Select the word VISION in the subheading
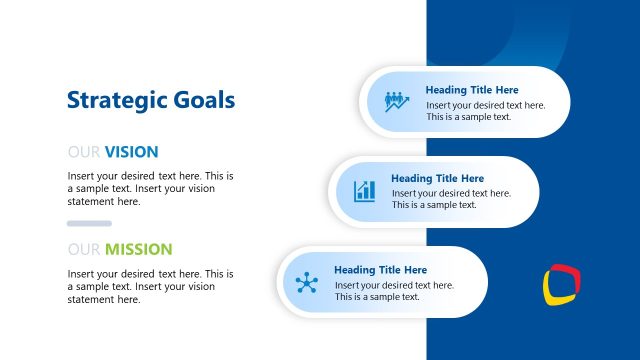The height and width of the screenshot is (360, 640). (131, 152)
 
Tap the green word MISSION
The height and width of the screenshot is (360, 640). (139, 249)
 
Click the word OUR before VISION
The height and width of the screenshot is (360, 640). (84, 152)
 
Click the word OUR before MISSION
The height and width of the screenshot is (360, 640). (84, 249)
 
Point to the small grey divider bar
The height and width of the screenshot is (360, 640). (89, 223)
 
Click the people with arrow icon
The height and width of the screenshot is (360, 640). (397, 101)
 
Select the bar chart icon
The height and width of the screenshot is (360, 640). (364, 191)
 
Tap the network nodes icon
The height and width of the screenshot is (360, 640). (306, 282)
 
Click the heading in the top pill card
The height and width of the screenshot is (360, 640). (472, 89)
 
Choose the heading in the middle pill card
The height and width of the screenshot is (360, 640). (437, 179)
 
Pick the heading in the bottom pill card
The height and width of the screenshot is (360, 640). (380, 270)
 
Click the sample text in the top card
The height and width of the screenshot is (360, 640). (486, 111)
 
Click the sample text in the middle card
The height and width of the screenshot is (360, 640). (451, 199)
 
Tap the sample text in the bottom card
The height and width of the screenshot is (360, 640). (394, 291)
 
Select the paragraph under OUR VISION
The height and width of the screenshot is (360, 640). (151, 188)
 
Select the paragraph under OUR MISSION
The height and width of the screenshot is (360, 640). (151, 286)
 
